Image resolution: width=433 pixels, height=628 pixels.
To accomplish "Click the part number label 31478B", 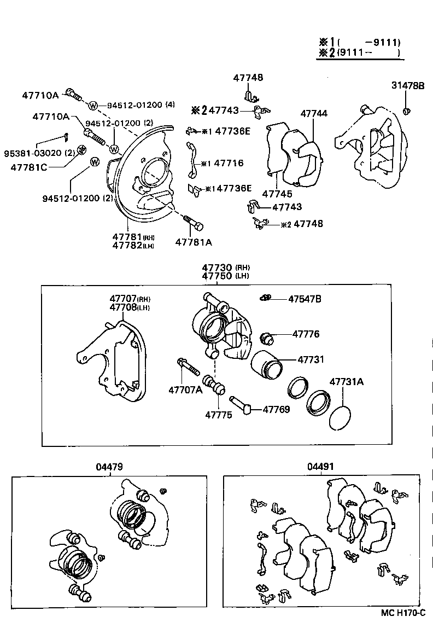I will pyautogui.click(x=408, y=85).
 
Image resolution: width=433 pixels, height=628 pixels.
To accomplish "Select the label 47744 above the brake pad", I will pyautogui.click(x=314, y=113).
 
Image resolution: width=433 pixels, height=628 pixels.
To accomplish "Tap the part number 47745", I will pyautogui.click(x=277, y=194).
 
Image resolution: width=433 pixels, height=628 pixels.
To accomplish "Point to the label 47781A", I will pyautogui.click(x=194, y=242).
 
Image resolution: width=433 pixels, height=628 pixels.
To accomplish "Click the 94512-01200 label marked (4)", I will pyautogui.click(x=141, y=105).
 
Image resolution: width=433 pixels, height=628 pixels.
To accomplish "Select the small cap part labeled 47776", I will pyautogui.click(x=268, y=338).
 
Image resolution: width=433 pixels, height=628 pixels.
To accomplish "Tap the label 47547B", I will pyautogui.click(x=305, y=299).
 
